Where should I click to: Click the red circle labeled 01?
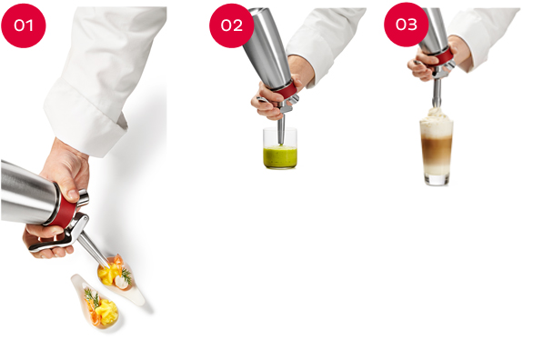click(24, 25)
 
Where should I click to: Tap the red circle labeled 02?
click(231, 25)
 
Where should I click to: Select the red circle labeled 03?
click(407, 25)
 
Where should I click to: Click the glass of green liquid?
click(280, 148)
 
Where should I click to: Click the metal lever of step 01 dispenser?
click(59, 237)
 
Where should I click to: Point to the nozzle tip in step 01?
click(107, 267)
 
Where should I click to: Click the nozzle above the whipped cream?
click(437, 93)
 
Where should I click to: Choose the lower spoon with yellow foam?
click(97, 302)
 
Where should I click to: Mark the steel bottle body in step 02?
click(266, 49)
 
